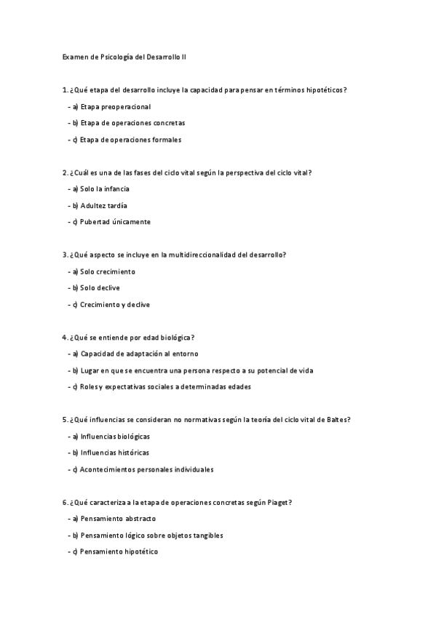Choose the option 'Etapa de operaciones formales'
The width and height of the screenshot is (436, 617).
tap(130, 140)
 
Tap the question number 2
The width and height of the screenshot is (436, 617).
tap(65, 172)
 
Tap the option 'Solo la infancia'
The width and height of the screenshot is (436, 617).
tap(105, 189)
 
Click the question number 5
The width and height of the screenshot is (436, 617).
tap(65, 420)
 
